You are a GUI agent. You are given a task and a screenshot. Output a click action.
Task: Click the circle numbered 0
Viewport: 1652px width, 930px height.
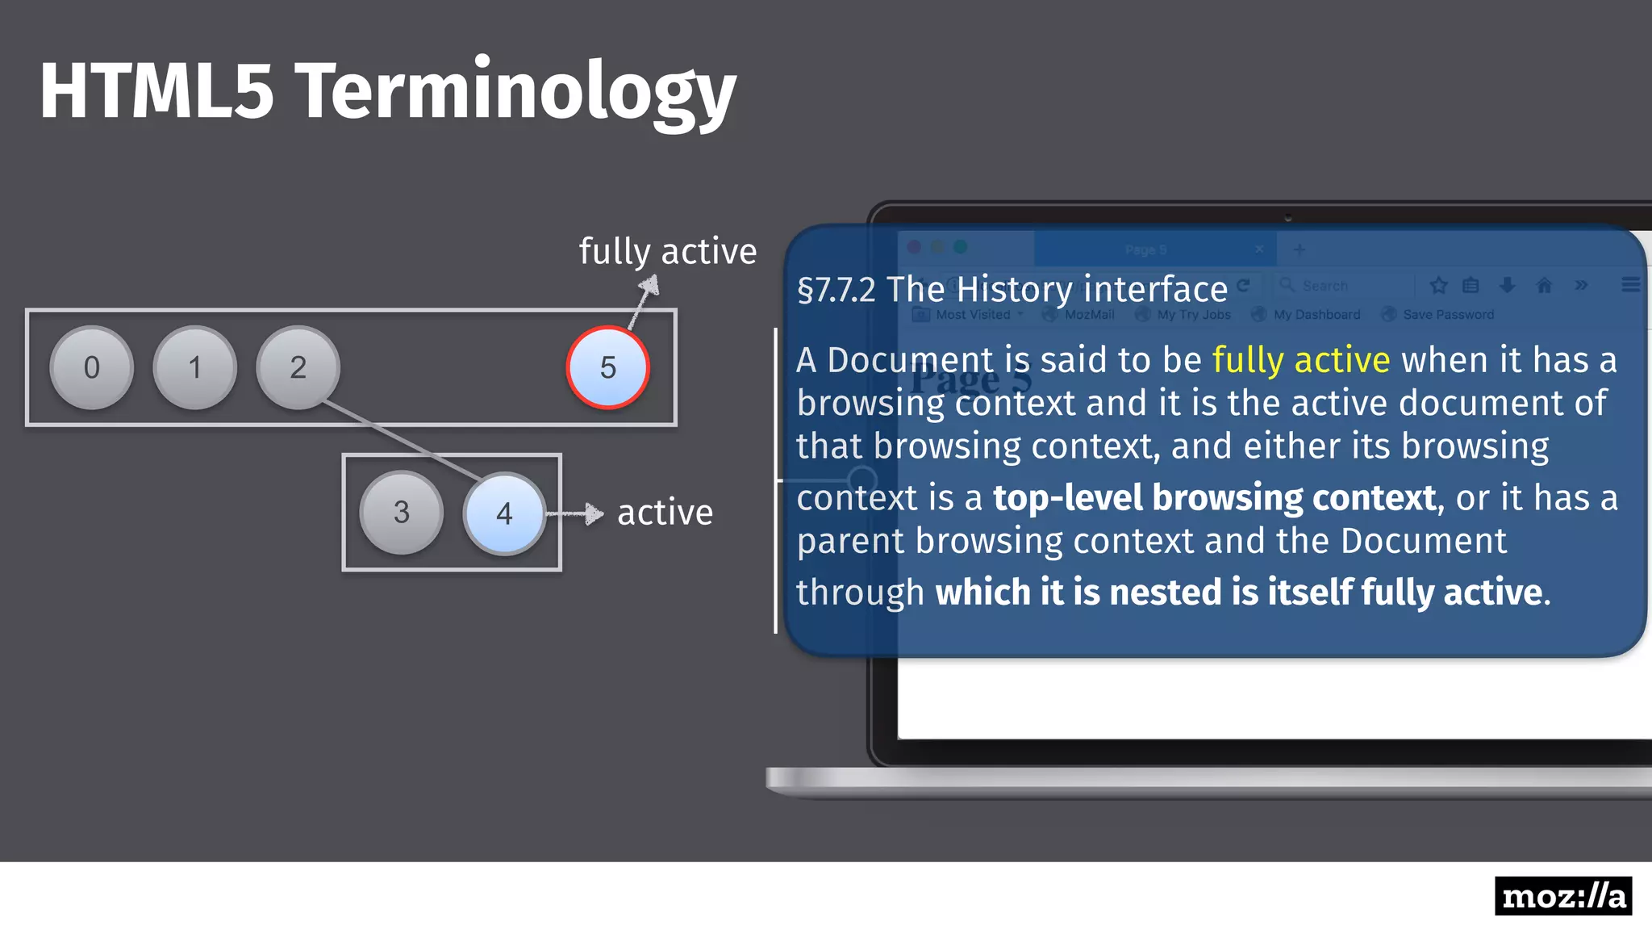91,367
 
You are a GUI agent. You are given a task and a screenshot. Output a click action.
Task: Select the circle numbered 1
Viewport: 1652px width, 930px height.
194,367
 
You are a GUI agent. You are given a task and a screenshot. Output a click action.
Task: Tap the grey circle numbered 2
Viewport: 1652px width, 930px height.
298,367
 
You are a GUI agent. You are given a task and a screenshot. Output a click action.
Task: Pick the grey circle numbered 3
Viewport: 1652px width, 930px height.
401,512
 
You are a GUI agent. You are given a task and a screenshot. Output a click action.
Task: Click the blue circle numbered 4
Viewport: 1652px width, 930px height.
504,513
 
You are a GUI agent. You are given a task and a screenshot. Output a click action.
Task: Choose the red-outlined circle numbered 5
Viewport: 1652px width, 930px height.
607,367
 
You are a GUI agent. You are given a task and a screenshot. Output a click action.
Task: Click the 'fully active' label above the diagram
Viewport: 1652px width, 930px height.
668,252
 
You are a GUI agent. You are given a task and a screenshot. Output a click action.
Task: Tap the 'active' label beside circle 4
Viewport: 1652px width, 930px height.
665,513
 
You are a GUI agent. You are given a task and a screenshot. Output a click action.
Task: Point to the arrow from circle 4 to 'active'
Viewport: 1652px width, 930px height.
576,513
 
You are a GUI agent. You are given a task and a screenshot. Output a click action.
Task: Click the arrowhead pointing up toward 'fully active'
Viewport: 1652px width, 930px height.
650,285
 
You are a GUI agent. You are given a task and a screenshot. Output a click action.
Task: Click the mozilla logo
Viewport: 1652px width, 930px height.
1562,896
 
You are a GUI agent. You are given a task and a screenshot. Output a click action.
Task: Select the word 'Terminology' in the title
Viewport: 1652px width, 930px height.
516,90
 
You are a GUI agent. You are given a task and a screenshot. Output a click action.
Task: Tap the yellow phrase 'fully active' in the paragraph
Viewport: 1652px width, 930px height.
1300,360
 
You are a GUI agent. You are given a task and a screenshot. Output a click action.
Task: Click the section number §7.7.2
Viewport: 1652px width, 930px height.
836,290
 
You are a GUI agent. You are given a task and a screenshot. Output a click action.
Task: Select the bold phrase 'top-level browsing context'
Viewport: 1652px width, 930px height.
1214,498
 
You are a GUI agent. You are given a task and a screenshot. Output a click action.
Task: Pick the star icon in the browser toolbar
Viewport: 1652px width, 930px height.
1438,285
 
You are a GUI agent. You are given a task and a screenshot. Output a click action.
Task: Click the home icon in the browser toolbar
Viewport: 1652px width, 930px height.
1544,285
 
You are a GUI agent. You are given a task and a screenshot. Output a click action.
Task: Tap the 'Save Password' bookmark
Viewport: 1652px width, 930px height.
1448,315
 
